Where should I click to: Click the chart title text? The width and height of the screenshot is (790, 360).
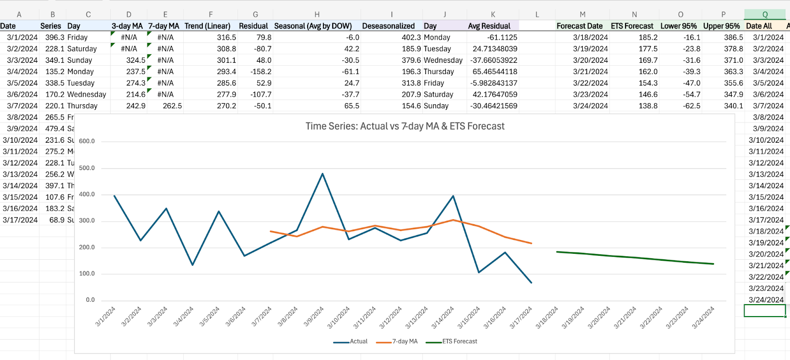(x=405, y=126)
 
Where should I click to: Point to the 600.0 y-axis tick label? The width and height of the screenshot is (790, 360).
(x=87, y=141)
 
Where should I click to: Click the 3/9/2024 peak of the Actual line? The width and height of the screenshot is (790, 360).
(x=322, y=174)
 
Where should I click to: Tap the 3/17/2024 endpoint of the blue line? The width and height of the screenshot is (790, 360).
(x=531, y=282)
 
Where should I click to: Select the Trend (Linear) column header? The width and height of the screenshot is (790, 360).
(x=207, y=26)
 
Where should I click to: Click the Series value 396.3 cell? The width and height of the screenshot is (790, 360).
(x=54, y=38)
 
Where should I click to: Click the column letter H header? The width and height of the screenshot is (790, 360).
(x=317, y=15)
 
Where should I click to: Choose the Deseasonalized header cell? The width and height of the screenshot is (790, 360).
(x=388, y=26)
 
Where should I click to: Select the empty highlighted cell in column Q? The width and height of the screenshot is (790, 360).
(x=764, y=311)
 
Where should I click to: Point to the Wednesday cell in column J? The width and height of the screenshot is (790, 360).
(x=443, y=60)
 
